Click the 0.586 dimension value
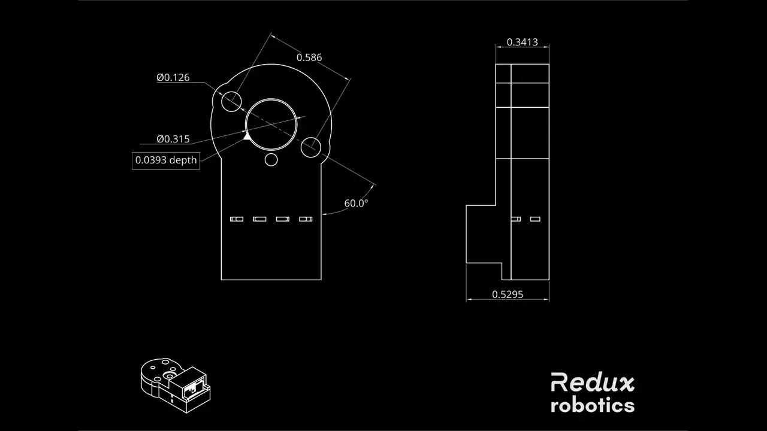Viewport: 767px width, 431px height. pyautogui.click(x=309, y=57)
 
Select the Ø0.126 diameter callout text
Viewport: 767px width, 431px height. pyautogui.click(x=173, y=78)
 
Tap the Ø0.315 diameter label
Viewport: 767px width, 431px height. pyautogui.click(x=173, y=139)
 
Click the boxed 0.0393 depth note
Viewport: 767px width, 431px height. pyautogui.click(x=166, y=160)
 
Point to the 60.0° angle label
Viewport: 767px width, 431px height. pyautogui.click(x=356, y=203)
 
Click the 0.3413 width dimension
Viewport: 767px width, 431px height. pyautogui.click(x=522, y=42)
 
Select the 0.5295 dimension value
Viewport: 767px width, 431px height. pyautogui.click(x=508, y=295)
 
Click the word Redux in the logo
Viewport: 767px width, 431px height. pyautogui.click(x=593, y=382)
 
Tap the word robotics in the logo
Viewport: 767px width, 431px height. pyautogui.click(x=593, y=406)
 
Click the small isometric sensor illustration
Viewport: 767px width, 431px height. pyautogui.click(x=176, y=386)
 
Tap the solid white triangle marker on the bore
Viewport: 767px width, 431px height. pyautogui.click(x=246, y=136)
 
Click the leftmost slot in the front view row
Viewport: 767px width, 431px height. pyautogui.click(x=237, y=219)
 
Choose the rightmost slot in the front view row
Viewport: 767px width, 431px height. pyautogui.click(x=306, y=219)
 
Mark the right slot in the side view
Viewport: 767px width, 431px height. pyautogui.click(x=535, y=219)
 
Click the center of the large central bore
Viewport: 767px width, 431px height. pyautogui.click(x=271, y=125)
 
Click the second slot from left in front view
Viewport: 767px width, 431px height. pyautogui.click(x=259, y=219)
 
